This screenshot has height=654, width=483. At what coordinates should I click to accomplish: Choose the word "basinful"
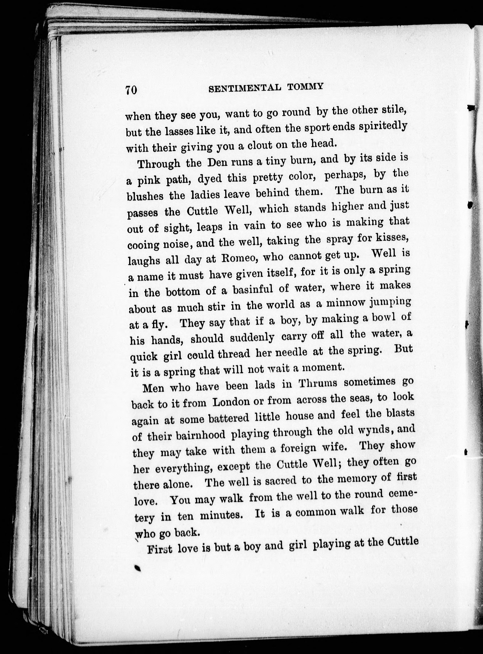(253, 290)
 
